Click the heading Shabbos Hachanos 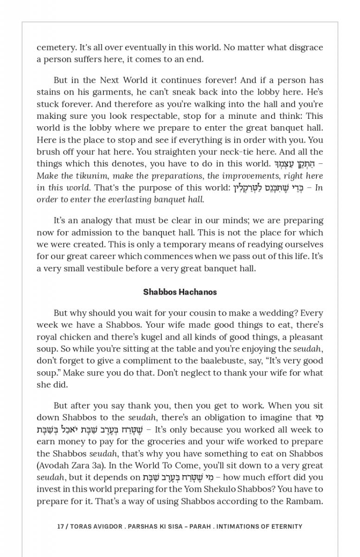[x=180, y=292]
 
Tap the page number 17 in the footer [x=60, y=526]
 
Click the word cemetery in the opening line [x=56, y=47]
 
